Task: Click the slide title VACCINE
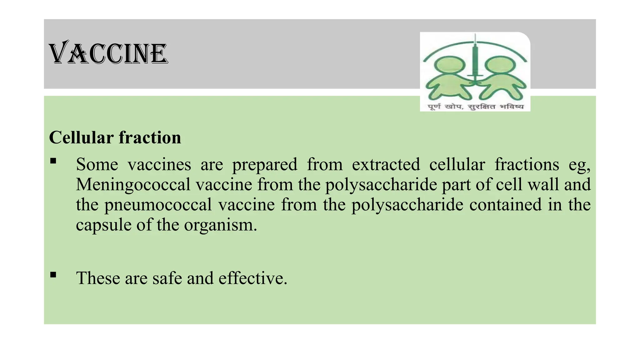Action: click(x=108, y=53)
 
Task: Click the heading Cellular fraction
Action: click(x=115, y=137)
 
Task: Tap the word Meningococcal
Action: click(x=133, y=184)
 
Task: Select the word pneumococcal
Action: click(x=158, y=205)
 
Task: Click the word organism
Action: click(x=220, y=225)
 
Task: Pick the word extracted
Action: click(x=386, y=164)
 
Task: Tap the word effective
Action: click(x=252, y=278)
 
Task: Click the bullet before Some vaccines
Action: click(x=53, y=161)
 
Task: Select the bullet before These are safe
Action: click(x=53, y=275)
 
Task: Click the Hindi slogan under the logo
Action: click(x=475, y=107)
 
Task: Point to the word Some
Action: click(x=97, y=164)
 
